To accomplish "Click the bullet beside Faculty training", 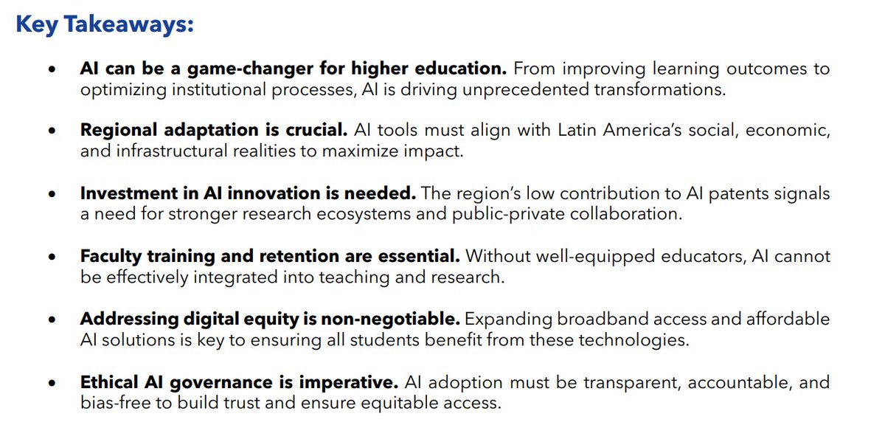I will [x=51, y=258].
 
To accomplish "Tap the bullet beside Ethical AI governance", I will [x=51, y=384].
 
